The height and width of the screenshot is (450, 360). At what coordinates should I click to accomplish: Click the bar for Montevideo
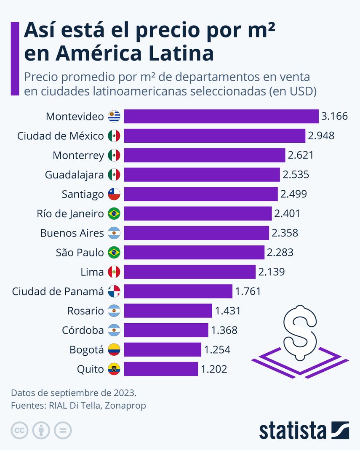[221, 116]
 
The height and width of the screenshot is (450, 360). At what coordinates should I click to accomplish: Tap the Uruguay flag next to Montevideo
[114, 116]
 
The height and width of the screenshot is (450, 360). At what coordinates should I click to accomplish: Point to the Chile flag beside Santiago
[114, 194]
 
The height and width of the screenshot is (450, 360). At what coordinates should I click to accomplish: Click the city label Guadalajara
[74, 175]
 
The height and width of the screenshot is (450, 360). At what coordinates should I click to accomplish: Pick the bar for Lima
[189, 272]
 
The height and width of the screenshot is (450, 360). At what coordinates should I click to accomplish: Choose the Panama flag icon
[114, 291]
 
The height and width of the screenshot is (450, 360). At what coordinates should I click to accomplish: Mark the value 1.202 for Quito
[214, 369]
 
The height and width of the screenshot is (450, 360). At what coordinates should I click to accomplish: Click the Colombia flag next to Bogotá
[114, 350]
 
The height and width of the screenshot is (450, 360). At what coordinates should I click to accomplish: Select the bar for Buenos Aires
[196, 233]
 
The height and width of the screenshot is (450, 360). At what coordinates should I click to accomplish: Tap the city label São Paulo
[80, 253]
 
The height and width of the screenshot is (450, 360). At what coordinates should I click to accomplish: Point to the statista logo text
[293, 431]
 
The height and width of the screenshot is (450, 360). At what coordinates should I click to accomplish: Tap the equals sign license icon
[62, 431]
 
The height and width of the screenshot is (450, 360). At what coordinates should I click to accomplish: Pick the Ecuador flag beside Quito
[114, 369]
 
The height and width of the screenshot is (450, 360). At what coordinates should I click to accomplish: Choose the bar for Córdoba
[166, 330]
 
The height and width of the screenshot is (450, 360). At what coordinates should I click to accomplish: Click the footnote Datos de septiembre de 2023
[74, 393]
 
